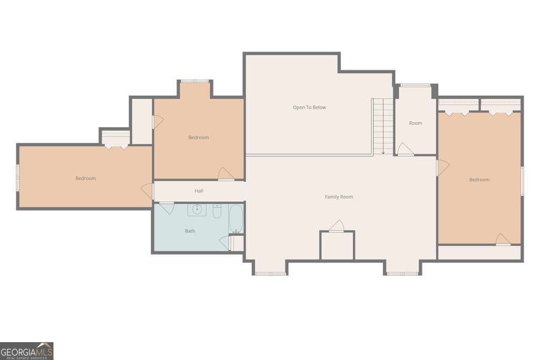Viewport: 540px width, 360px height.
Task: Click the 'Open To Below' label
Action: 309,108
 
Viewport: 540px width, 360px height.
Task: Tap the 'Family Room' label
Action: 339,197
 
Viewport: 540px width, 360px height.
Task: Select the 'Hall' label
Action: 199,191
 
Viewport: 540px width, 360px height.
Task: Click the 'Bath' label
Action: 190,231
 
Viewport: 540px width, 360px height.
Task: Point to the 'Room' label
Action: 416,123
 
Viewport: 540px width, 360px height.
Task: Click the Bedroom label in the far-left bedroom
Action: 85,178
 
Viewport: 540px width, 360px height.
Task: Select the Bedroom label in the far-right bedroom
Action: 479,180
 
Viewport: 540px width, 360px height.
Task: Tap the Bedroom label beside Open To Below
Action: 198,138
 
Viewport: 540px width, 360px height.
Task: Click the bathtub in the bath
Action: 236,219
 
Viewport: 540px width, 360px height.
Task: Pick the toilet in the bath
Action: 217,211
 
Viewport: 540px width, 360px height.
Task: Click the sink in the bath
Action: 197,210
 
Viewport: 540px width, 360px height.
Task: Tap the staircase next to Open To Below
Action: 383,127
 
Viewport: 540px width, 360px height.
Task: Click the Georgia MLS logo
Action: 26,351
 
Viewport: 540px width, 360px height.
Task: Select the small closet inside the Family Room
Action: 337,246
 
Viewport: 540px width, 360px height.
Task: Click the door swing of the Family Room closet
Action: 337,226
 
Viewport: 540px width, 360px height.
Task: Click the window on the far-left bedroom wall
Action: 17,177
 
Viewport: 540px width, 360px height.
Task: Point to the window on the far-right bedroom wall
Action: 522,181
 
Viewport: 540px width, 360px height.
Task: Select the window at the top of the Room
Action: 416,85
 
